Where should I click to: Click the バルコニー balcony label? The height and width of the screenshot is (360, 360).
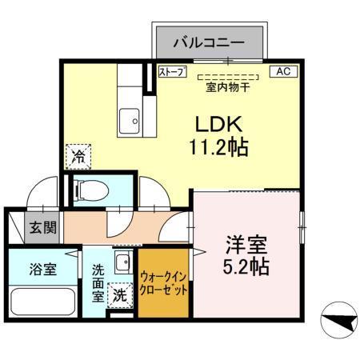coord(209,39)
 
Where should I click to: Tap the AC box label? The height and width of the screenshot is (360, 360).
coord(283,72)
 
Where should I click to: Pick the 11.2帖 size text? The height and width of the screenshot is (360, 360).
coord(219,147)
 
